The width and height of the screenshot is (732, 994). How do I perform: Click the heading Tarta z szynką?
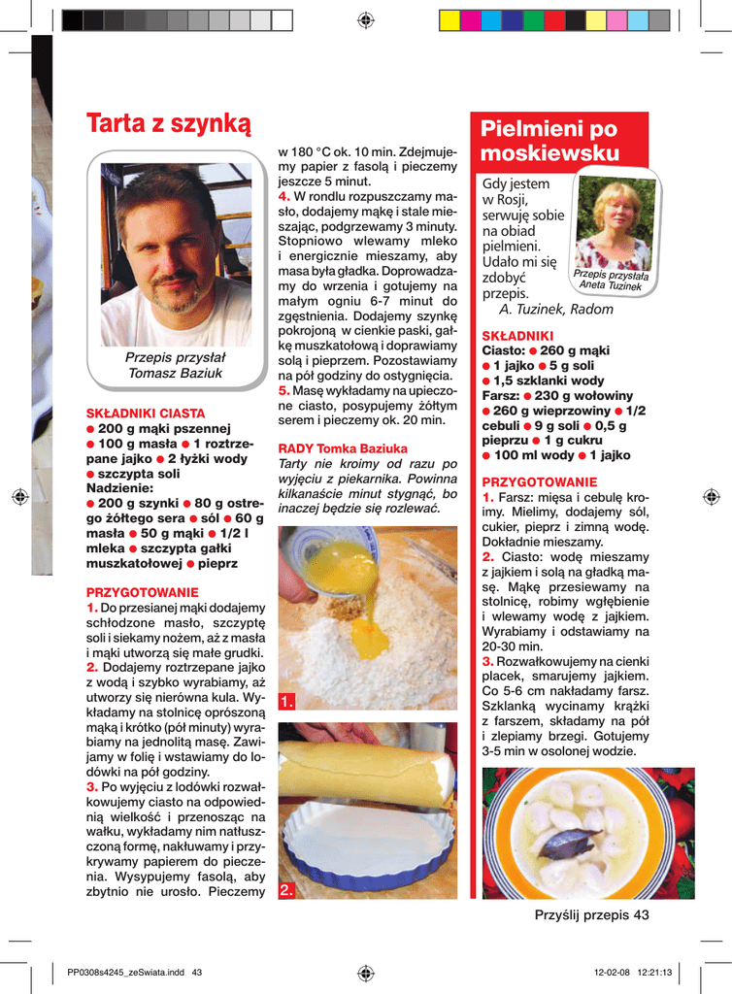pyautogui.click(x=168, y=124)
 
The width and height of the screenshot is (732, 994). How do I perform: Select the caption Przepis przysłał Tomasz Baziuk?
pyautogui.click(x=176, y=365)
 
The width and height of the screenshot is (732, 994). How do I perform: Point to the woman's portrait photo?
pyautogui.click(x=616, y=225)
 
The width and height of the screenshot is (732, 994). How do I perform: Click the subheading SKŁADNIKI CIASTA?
pyautogui.click(x=146, y=413)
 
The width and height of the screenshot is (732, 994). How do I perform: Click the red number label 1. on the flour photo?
pyautogui.click(x=286, y=701)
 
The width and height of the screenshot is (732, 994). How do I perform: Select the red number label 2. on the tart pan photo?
pyautogui.click(x=286, y=890)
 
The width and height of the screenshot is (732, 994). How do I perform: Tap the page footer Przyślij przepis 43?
pyautogui.click(x=591, y=914)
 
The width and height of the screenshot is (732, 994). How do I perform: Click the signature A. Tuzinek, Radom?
pyautogui.click(x=555, y=309)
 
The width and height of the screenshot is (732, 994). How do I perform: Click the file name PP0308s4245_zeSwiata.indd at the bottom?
pyautogui.click(x=128, y=973)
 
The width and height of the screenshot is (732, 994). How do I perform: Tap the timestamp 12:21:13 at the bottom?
pyautogui.click(x=652, y=973)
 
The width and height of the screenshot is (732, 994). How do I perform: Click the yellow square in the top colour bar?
pyautogui.click(x=449, y=20)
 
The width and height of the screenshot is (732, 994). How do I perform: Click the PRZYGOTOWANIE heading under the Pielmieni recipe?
pyautogui.click(x=540, y=481)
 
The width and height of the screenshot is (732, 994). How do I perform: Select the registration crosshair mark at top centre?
pyautogui.click(x=366, y=19)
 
